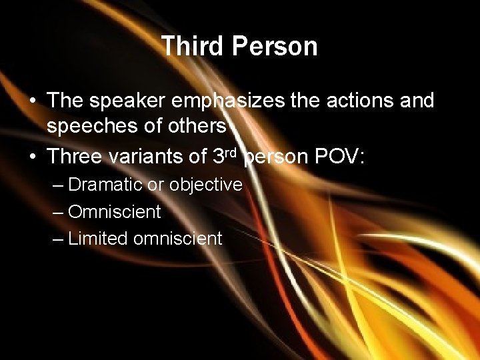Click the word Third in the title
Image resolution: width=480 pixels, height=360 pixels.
pyautogui.click(x=191, y=47)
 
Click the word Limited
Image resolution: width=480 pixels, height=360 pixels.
pyautogui.click(x=98, y=238)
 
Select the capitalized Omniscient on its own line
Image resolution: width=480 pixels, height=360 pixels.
pyautogui.click(x=114, y=211)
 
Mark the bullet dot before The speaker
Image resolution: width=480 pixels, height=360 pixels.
pyautogui.click(x=33, y=101)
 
